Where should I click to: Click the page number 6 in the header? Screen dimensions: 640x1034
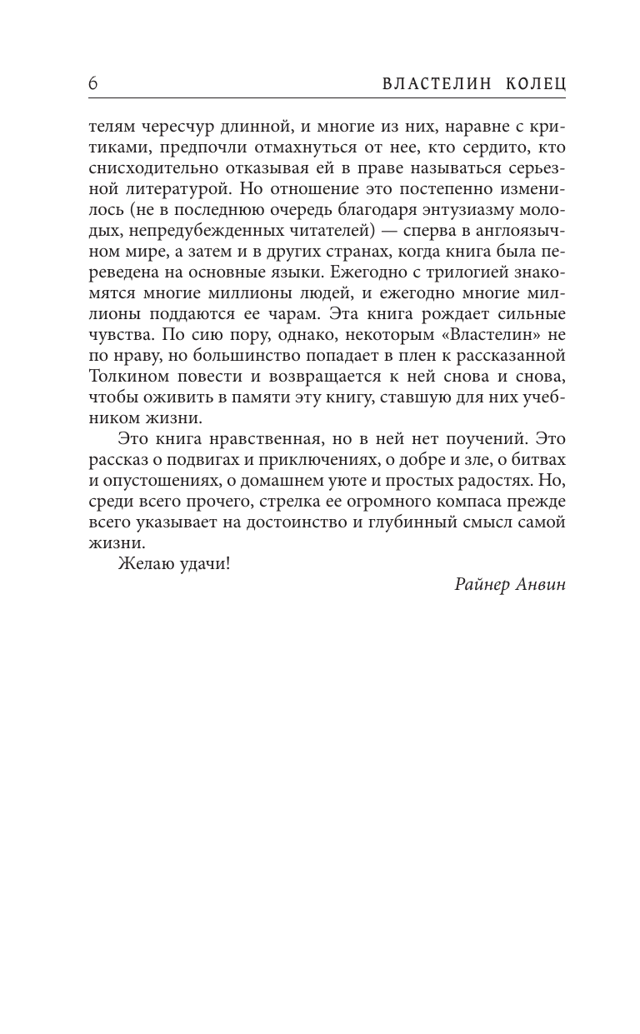tap(92, 84)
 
